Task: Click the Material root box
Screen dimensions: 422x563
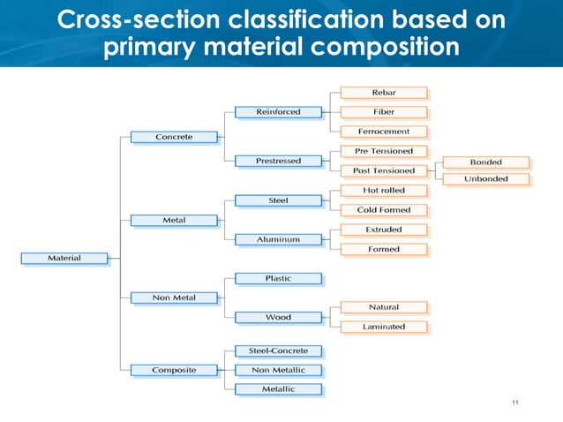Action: tap(64, 258)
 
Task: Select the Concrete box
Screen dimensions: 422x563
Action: tap(174, 137)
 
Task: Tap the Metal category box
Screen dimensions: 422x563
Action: tap(174, 219)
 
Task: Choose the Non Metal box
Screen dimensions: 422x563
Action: tap(174, 298)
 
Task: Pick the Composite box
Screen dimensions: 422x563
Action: tap(174, 370)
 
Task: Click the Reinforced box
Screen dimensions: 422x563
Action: tap(278, 112)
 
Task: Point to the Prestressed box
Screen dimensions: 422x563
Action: tap(278, 161)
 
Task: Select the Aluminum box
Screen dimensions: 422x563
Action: tap(278, 239)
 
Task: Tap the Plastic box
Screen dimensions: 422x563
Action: tap(278, 278)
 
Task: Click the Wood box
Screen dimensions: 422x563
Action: tap(278, 317)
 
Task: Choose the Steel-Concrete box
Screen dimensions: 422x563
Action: tap(278, 350)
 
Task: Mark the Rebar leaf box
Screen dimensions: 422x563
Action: tap(383, 92)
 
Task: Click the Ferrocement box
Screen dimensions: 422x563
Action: tap(383, 131)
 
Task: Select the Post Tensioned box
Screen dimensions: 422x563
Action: tap(383, 170)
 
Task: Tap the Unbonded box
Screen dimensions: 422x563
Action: tap(485, 179)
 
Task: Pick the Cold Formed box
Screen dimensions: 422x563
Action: tap(383, 209)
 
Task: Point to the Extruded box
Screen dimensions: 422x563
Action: tap(383, 230)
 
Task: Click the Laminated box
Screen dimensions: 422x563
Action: tap(383, 327)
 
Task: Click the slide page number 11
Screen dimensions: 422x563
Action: tap(514, 403)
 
